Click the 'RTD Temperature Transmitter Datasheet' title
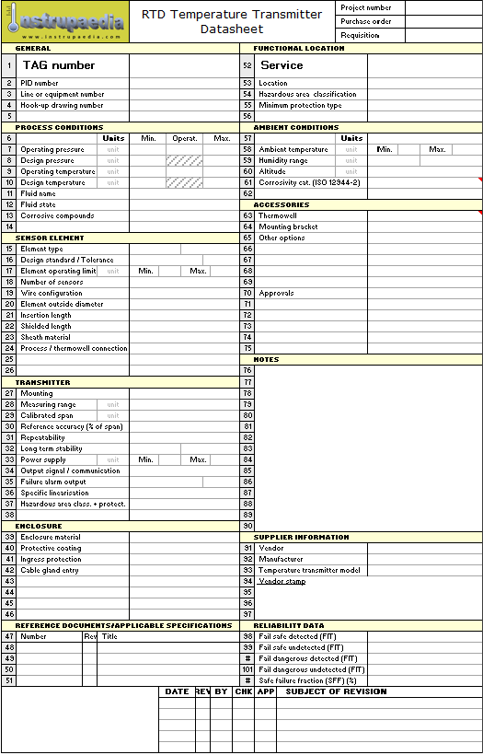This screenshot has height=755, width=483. click(232, 22)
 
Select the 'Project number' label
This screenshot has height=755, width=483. click(366, 8)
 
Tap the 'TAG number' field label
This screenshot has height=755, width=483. click(59, 65)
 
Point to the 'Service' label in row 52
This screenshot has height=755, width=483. click(282, 65)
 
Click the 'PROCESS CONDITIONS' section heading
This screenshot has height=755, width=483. click(59, 128)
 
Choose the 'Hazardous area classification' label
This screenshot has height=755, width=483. click(307, 94)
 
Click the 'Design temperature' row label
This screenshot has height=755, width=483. click(52, 182)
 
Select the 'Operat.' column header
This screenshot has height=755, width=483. click(185, 138)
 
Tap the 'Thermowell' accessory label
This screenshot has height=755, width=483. click(278, 215)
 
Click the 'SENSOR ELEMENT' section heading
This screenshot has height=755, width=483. click(50, 238)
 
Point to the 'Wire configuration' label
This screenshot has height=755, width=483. click(52, 293)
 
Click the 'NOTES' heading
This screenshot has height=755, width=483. click(266, 360)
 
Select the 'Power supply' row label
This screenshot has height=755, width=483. click(43, 459)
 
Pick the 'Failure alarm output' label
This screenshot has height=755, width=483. click(53, 482)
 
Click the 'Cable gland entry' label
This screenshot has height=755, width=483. click(51, 570)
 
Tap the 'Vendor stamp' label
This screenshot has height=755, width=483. click(282, 581)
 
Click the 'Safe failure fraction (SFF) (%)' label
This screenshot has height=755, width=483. click(307, 680)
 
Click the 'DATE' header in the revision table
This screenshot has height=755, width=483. click(177, 691)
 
